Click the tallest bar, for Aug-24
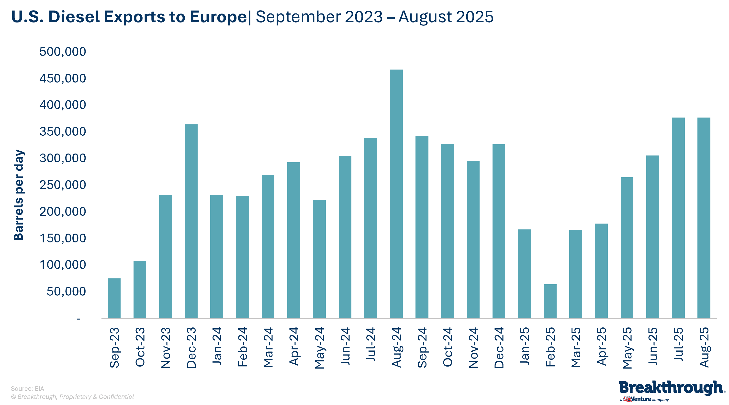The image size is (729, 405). [x=396, y=194]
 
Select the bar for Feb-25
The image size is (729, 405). [x=550, y=301]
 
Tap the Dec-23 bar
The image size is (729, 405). [x=191, y=221]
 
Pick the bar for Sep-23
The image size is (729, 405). [x=114, y=298]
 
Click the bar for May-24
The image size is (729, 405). [x=319, y=259]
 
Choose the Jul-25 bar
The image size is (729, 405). [x=678, y=218]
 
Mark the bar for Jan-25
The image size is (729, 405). [x=524, y=274]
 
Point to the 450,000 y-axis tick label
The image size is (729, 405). [x=63, y=78]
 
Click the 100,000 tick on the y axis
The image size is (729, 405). [x=63, y=265]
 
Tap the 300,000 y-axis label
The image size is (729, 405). [x=63, y=158]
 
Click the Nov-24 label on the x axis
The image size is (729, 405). [x=473, y=347]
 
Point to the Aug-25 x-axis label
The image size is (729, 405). [x=704, y=347]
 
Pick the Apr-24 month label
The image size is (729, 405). [x=294, y=346]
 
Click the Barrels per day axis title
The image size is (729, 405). [x=19, y=195]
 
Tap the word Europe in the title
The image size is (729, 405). [x=218, y=17]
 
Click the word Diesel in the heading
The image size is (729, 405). [x=74, y=17]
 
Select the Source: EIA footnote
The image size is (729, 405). [x=27, y=389]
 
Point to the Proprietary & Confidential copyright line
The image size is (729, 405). [x=72, y=397]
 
